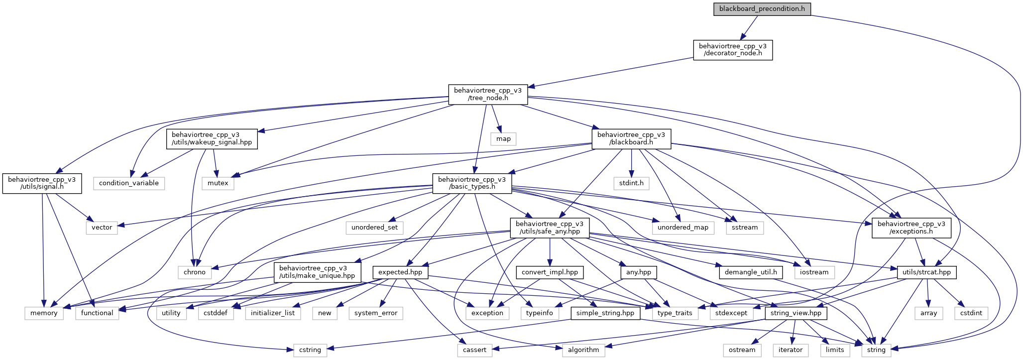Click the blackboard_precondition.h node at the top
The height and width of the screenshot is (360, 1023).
762,9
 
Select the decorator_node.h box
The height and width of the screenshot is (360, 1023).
733,50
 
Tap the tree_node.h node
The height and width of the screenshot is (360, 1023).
488,94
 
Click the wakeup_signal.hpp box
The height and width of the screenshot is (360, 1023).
212,138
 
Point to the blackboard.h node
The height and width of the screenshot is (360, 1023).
631,138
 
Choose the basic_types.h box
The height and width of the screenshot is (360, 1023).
472,183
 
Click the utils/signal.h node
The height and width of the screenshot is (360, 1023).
42,183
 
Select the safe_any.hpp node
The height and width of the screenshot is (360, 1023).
550,228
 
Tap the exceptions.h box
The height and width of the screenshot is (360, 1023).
911,228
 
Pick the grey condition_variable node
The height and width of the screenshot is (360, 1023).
128,183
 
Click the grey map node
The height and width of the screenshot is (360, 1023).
503,139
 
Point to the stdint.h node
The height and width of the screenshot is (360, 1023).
631,183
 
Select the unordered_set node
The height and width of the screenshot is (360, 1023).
375,228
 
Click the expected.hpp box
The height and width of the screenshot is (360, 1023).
400,272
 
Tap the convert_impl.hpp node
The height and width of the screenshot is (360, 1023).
550,272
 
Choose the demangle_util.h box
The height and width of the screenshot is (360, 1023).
751,272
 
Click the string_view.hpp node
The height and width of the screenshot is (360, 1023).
796,313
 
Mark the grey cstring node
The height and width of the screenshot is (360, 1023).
310,350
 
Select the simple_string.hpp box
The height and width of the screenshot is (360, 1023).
605,313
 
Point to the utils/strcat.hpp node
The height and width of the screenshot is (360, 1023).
927,272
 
